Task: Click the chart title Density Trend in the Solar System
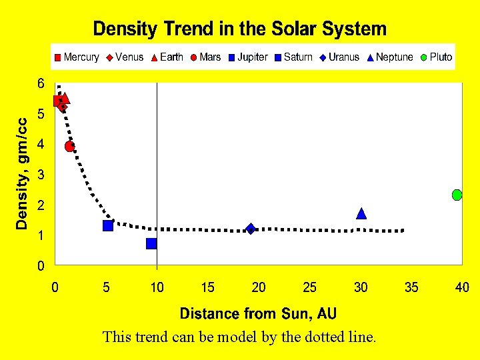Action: pyautogui.click(x=239, y=29)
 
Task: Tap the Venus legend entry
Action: pyautogui.click(x=125, y=57)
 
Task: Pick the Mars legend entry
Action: pyautogui.click(x=205, y=57)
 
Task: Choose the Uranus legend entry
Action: pyautogui.click(x=339, y=57)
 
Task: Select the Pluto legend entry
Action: pyautogui.click(x=437, y=57)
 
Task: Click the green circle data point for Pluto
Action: pyautogui.click(x=457, y=195)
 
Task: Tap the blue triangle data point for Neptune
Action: pyautogui.click(x=361, y=213)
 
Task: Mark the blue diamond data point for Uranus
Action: pyautogui.click(x=251, y=229)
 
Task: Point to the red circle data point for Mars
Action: pyautogui.click(x=70, y=146)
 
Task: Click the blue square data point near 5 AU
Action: pyautogui.click(x=108, y=225)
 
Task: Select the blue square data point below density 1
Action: pyautogui.click(x=151, y=243)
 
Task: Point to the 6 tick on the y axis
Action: pyautogui.click(x=41, y=84)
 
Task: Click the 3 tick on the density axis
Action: pyautogui.click(x=41, y=175)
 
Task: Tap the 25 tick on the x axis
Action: pyautogui.click(x=309, y=287)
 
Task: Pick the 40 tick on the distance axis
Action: pyautogui.click(x=461, y=287)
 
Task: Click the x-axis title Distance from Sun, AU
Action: pyautogui.click(x=258, y=313)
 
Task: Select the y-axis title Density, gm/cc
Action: pyautogui.click(x=23, y=174)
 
